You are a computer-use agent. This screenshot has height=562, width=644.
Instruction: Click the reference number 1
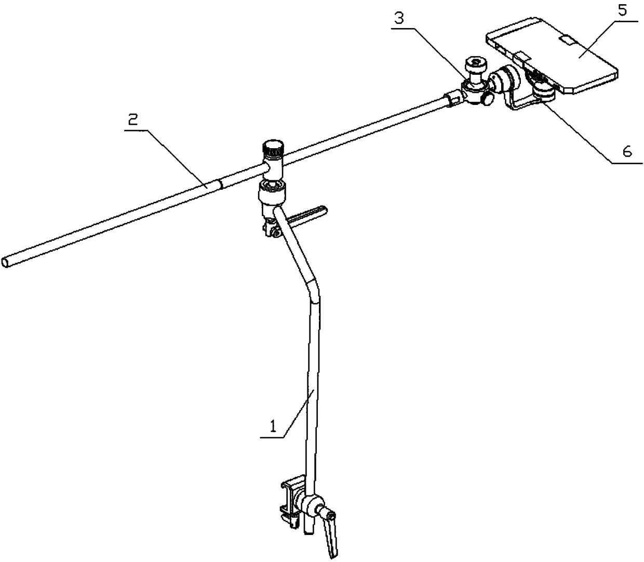coord(271,428)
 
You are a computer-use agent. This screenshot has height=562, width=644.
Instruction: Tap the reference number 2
coord(133,121)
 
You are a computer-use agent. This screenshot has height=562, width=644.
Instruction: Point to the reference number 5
coord(622,10)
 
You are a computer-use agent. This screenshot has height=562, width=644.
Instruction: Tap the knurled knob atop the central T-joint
coord(273,148)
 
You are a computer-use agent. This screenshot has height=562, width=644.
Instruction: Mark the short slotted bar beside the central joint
coord(306,213)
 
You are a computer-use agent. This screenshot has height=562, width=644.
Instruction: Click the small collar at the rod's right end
coord(452,98)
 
